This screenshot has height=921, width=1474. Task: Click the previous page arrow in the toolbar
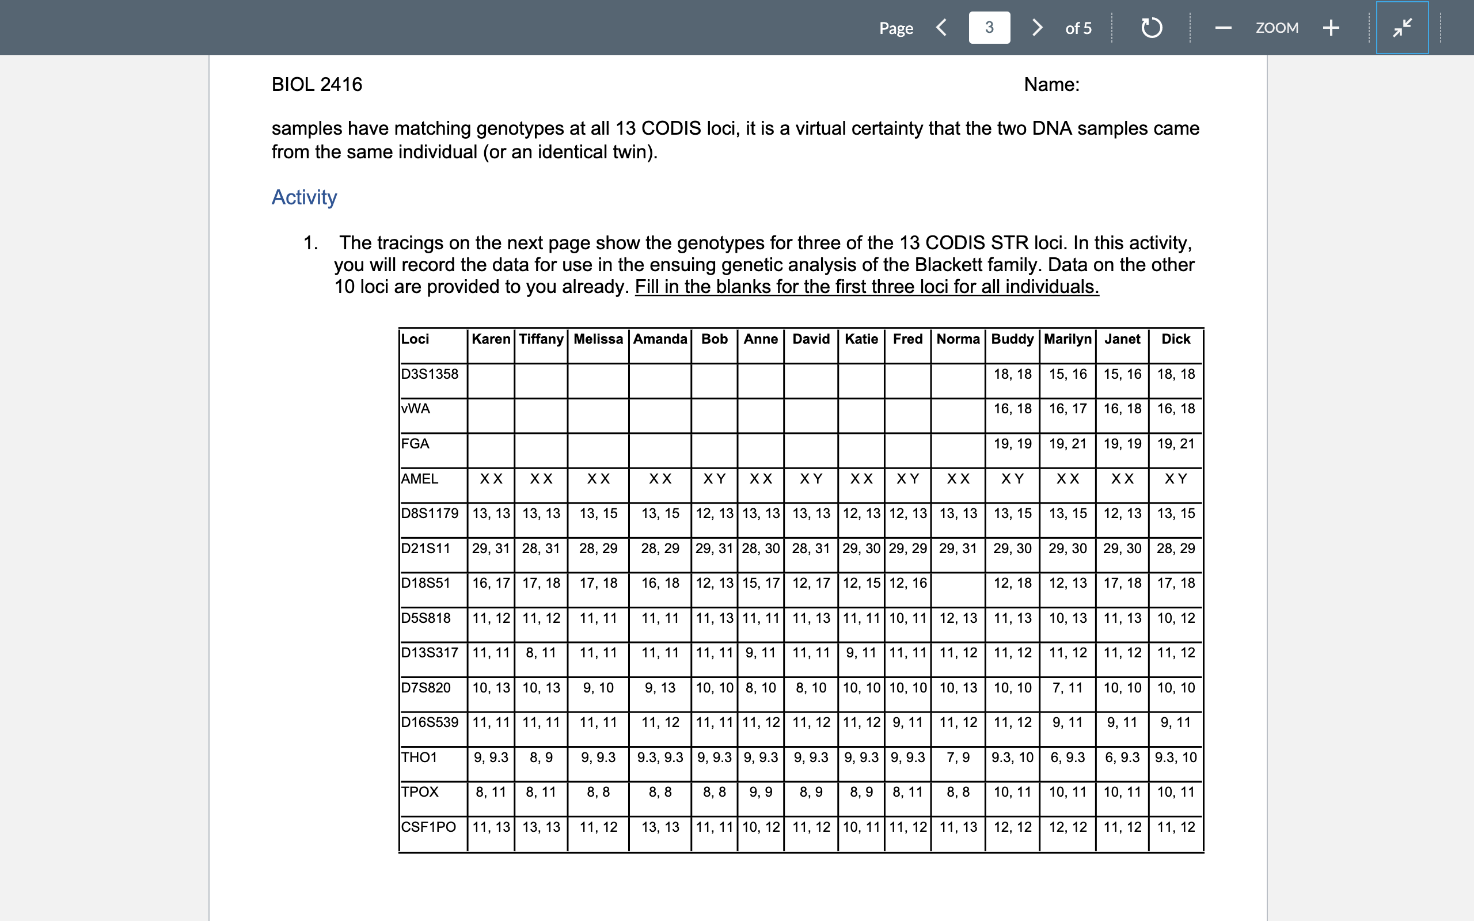pos(941,28)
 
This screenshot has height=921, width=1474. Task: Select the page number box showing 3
pos(989,28)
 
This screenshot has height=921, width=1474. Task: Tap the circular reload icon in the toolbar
pos(1151,28)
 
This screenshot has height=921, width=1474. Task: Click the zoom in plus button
pos(1331,28)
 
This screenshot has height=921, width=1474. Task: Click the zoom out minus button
pos(1223,28)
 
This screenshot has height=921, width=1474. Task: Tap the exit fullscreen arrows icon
pos(1402,28)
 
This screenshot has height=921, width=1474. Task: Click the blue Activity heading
pos(304,197)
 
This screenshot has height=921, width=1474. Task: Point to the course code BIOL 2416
pos(317,84)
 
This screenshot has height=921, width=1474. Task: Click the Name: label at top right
pos(1051,84)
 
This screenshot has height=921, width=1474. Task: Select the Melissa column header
pos(598,339)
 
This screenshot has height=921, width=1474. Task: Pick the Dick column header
pos(1176,339)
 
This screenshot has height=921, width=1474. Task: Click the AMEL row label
pos(420,479)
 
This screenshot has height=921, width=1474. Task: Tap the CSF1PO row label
pos(428,827)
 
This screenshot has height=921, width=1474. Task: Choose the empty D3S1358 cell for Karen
pos(491,381)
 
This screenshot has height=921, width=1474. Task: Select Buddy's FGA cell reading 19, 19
pos(1012,444)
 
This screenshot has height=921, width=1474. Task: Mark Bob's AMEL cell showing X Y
pos(714,479)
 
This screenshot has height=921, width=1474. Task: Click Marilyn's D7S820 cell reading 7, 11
pos(1067,688)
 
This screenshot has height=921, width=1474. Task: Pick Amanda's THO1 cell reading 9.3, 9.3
pos(660,758)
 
